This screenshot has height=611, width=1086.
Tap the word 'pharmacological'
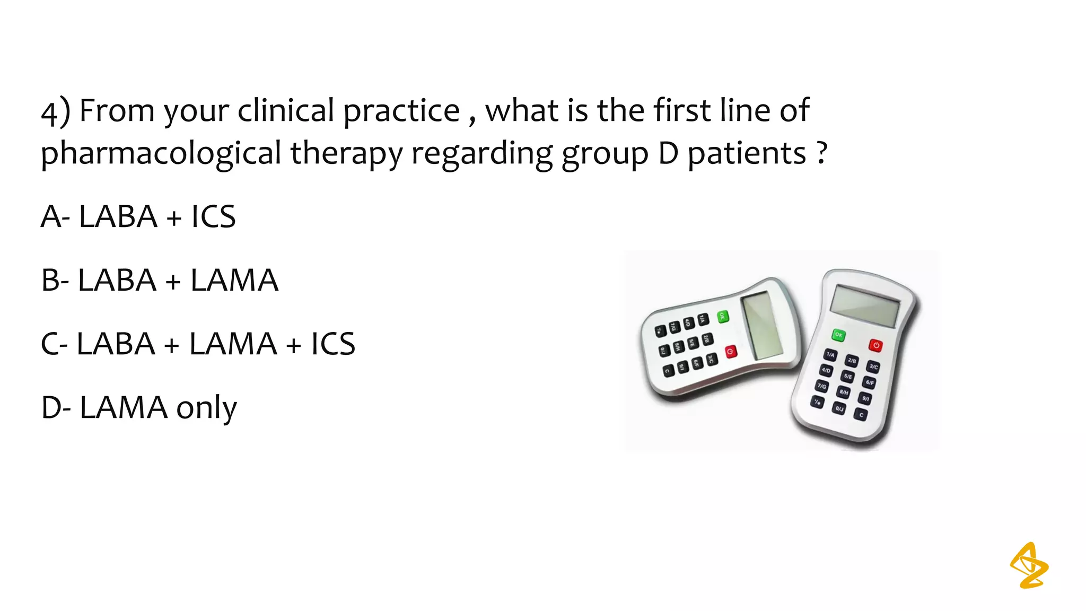tap(161, 153)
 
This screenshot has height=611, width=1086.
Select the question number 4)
tap(55, 112)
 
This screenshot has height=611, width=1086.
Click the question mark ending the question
tap(822, 153)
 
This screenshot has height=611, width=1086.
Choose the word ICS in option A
tap(213, 216)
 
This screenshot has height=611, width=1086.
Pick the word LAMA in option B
tap(234, 280)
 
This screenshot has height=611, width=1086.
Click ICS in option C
tap(332, 344)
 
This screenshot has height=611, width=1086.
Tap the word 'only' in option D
tap(206, 408)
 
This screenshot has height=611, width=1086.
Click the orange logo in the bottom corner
tap(1029, 565)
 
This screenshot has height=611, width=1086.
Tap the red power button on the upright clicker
tap(875, 345)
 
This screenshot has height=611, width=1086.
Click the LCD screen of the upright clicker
tap(865, 305)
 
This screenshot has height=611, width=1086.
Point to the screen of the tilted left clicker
tap(761, 325)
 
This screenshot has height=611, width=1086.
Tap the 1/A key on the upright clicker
tap(830, 354)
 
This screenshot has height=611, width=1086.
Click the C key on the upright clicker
tap(862, 415)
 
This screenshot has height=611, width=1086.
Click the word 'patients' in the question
tap(747, 153)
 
